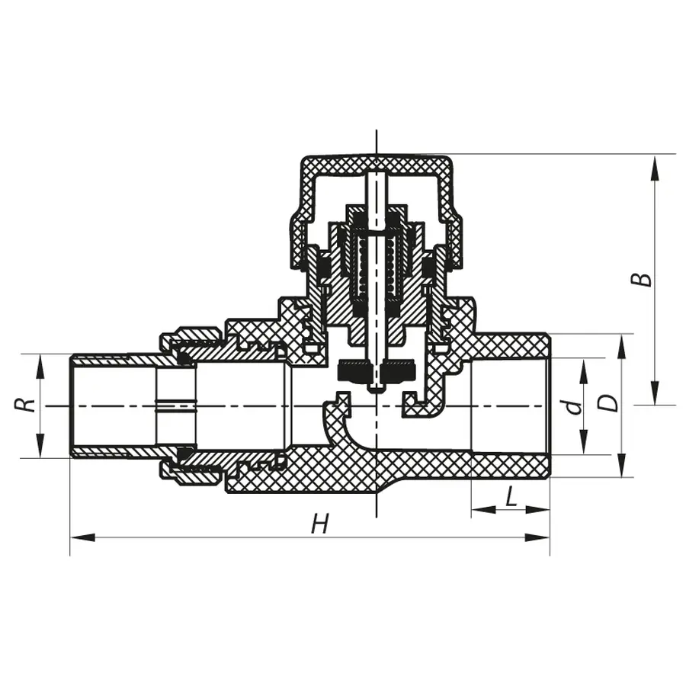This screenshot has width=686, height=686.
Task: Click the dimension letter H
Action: [x=321, y=524]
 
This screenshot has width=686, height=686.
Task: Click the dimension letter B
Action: [x=645, y=278]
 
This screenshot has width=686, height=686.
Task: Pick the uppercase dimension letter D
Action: [x=610, y=402]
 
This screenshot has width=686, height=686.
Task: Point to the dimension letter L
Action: [x=511, y=498]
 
